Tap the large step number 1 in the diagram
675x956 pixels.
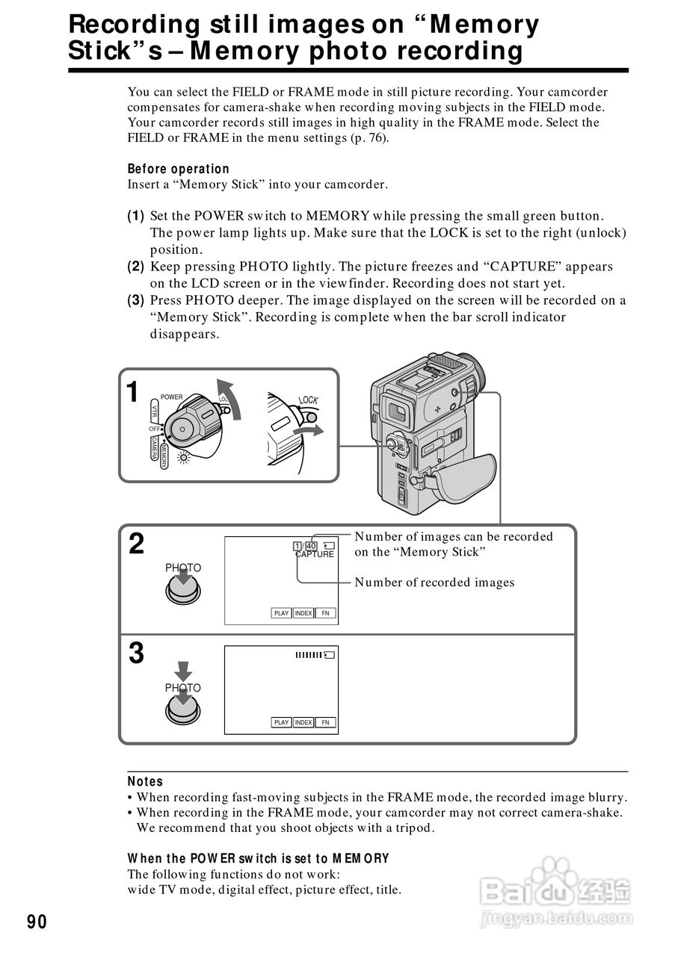click(x=132, y=392)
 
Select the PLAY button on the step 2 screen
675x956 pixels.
click(x=281, y=613)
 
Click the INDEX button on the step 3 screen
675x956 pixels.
click(x=303, y=722)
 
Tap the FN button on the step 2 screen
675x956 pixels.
click(x=325, y=613)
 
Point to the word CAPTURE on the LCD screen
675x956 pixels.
click(x=315, y=554)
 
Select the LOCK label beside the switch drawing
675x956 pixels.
click(x=308, y=400)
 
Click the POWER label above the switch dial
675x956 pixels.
click(x=171, y=397)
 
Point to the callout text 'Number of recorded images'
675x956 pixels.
click(x=434, y=583)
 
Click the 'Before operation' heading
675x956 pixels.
click(x=179, y=169)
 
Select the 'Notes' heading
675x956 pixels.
click(x=145, y=781)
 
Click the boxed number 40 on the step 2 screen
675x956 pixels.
click(x=311, y=545)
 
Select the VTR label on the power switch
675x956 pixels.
click(x=154, y=412)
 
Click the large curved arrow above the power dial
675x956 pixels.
click(x=232, y=399)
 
